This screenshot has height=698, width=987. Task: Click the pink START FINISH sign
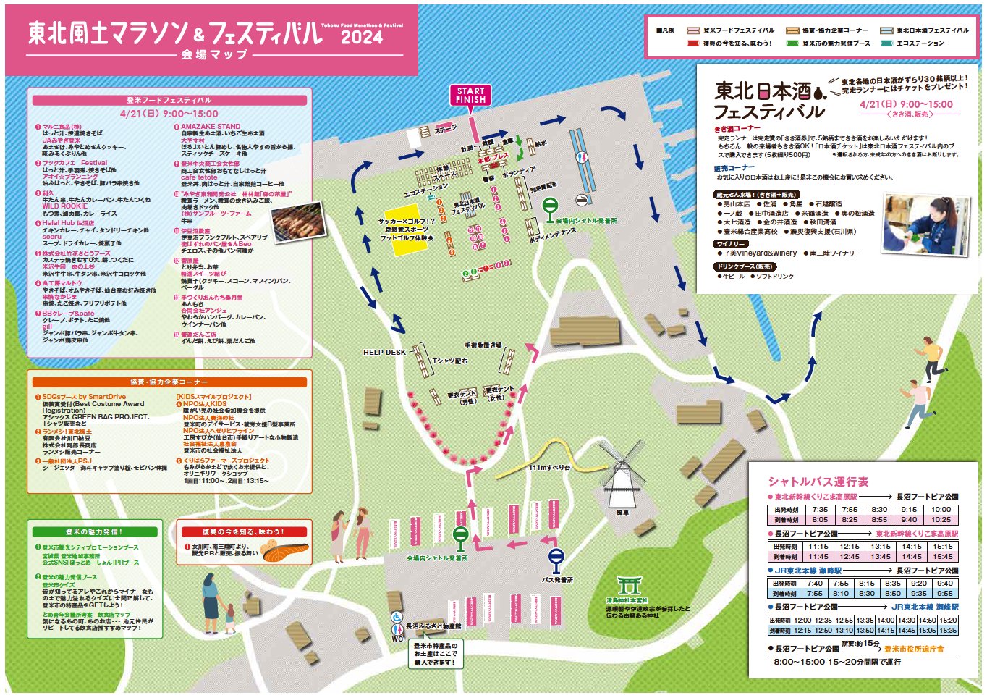click(470, 95)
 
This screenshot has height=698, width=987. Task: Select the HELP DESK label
click(384, 353)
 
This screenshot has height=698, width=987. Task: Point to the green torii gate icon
click(629, 586)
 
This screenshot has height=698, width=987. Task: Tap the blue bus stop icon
click(556, 558)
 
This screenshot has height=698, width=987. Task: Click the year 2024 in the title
click(361, 38)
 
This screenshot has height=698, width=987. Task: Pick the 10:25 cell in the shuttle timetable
click(941, 519)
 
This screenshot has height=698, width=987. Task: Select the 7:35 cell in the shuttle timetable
click(819, 509)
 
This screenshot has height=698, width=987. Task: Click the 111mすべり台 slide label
click(548, 468)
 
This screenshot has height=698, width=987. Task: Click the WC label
click(397, 639)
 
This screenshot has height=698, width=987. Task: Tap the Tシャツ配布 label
click(449, 361)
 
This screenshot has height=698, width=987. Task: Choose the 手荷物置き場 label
click(483, 345)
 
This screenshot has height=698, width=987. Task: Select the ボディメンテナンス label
click(552, 235)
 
